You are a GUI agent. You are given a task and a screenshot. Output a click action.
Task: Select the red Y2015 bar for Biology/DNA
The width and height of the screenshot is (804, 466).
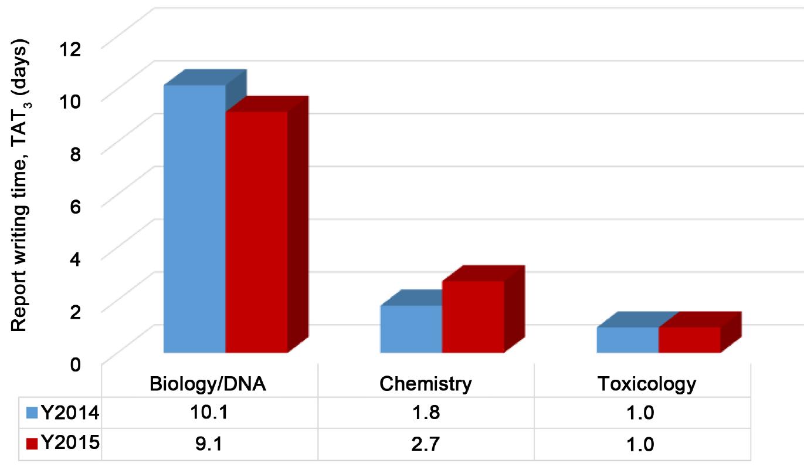[x=256, y=232]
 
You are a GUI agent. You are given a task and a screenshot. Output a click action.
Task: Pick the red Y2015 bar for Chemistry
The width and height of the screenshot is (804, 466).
[x=473, y=317]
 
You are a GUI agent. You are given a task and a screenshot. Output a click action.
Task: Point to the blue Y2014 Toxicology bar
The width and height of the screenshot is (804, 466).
[x=627, y=340]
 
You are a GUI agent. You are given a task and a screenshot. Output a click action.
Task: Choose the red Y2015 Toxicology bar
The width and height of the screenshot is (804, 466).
[x=690, y=340]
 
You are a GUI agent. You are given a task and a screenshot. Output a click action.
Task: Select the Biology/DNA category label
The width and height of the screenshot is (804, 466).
[x=208, y=384]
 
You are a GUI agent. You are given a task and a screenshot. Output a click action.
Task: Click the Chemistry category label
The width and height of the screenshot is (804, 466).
[x=425, y=384]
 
